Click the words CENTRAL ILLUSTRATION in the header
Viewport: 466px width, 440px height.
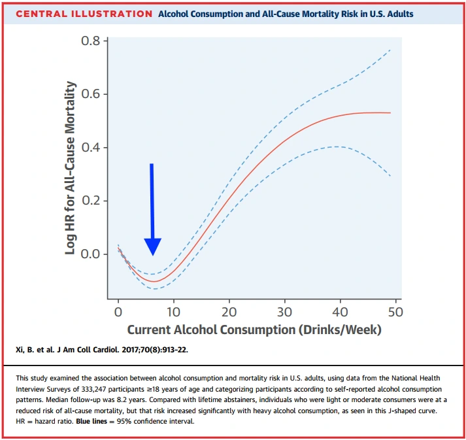(84, 14)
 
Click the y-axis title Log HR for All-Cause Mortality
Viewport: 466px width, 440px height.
(71, 168)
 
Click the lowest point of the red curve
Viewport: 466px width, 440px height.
(154, 282)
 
